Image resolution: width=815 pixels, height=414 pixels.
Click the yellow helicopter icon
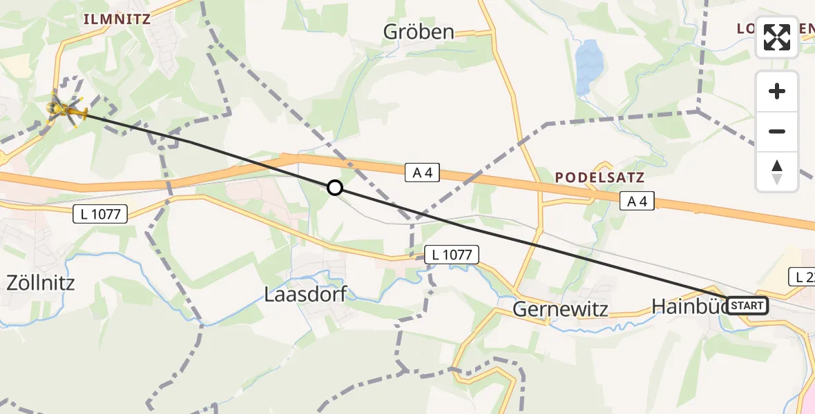(x=66, y=108)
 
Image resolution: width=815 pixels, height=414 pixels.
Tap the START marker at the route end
(x=747, y=305)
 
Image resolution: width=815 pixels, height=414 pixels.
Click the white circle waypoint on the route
(x=334, y=188)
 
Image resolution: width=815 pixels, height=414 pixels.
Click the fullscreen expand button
(x=777, y=37)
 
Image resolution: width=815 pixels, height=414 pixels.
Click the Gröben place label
(x=419, y=32)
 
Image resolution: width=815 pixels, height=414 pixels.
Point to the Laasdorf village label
(x=305, y=295)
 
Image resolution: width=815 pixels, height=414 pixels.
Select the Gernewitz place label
(x=560, y=308)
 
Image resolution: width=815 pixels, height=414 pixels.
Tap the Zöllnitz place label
(x=39, y=282)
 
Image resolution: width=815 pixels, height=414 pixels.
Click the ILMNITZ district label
(x=117, y=19)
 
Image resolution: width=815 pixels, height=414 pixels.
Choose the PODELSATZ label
(x=600, y=177)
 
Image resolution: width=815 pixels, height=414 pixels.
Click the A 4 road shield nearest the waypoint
(x=422, y=173)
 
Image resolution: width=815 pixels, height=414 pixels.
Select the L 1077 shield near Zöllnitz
(x=100, y=215)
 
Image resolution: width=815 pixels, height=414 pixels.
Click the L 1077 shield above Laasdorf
(x=451, y=255)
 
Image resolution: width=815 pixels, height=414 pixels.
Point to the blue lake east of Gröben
(x=587, y=66)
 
